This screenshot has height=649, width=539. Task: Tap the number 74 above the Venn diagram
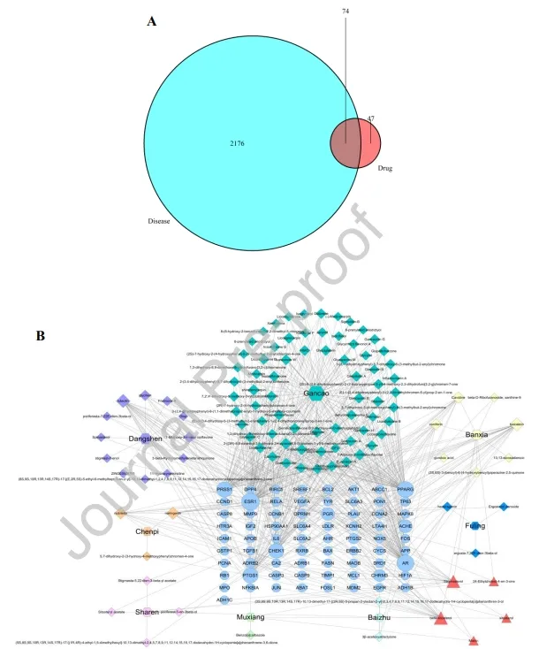point(345,11)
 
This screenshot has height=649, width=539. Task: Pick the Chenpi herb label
point(147,531)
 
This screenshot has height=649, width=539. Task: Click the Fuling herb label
point(475,525)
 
